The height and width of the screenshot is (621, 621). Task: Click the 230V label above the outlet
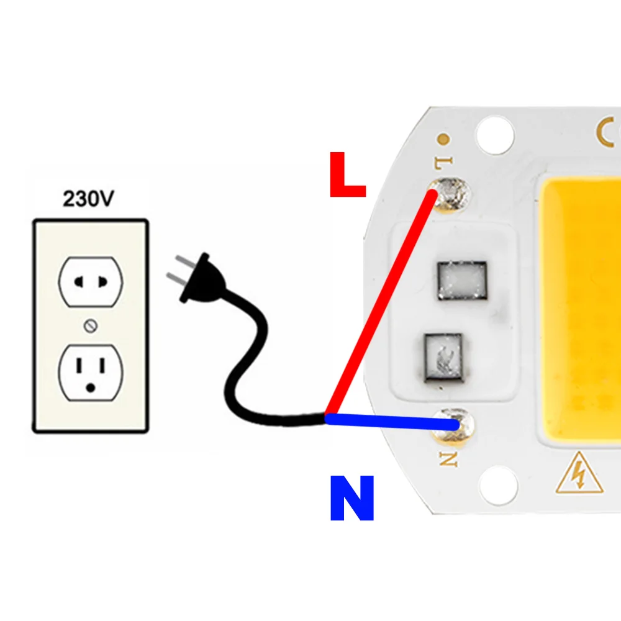click(88, 199)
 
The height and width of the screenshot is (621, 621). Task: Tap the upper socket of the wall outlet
click(91, 281)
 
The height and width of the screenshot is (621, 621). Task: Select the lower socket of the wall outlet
click(91, 373)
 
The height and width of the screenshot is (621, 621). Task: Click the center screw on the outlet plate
click(91, 326)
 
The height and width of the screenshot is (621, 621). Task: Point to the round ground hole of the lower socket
click(91, 388)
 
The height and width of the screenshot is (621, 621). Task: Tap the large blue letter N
click(351, 497)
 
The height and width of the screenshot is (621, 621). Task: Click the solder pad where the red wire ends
click(450, 194)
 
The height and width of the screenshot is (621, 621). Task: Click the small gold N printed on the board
click(449, 459)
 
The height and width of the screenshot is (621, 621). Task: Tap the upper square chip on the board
click(462, 281)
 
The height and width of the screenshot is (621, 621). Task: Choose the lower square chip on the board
click(443, 358)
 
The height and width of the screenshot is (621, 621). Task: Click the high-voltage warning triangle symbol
click(579, 474)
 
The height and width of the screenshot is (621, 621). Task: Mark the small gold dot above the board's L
click(443, 139)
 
